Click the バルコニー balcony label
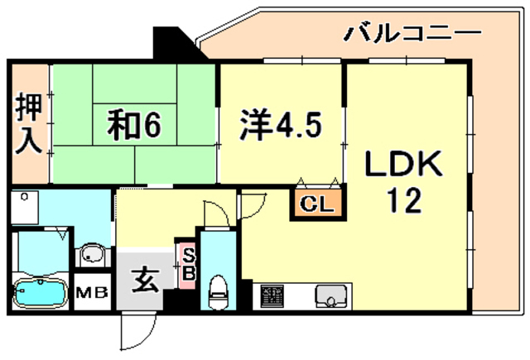(x=412, y=33)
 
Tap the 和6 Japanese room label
(x=134, y=125)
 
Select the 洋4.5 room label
(x=280, y=124)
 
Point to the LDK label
(x=404, y=164)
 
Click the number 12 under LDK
(x=404, y=200)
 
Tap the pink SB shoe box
(x=187, y=266)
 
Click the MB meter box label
(x=92, y=292)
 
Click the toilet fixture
(x=218, y=292)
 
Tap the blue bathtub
(x=41, y=292)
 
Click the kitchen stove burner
(x=272, y=296)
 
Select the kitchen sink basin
(x=331, y=296)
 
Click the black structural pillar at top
(x=176, y=44)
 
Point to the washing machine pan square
(x=24, y=207)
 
